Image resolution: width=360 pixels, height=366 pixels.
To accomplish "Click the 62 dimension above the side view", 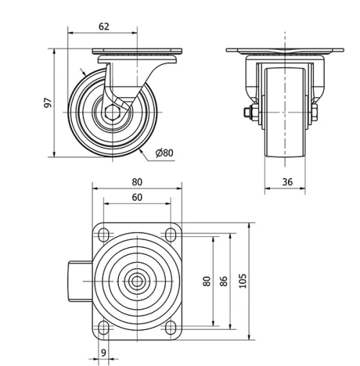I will click(x=104, y=27).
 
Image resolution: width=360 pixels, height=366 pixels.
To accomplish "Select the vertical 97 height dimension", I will click(x=48, y=102).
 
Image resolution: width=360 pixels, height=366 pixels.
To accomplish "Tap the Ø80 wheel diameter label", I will click(x=164, y=152).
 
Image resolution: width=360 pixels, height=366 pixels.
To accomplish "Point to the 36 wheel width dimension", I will click(x=287, y=182).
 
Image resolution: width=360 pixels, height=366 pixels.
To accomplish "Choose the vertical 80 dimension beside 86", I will click(x=207, y=281).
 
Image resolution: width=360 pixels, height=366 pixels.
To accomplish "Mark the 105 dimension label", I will click(x=242, y=280).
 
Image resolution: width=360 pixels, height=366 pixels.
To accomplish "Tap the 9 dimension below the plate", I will click(x=104, y=352).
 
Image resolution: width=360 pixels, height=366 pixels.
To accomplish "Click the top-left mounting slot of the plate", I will click(x=103, y=234).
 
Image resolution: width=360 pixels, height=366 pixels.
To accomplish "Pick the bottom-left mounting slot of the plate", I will click(x=103, y=328).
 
